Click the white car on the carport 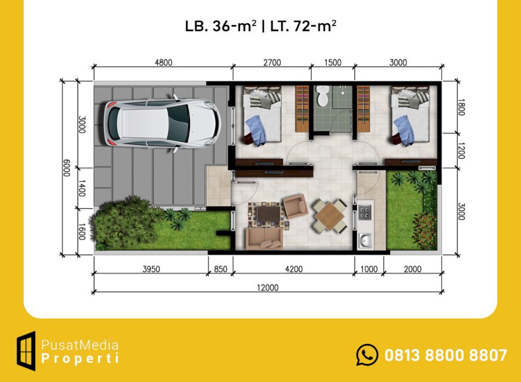click(162, 123)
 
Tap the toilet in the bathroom click(322, 95)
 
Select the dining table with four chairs click(330, 216)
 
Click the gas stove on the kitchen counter click(364, 212)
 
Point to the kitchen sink click(365, 240)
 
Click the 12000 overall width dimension click(268, 288)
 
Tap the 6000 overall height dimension click(67, 168)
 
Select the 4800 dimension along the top click(163, 62)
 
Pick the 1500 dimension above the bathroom click(333, 62)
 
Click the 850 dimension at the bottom click(221, 269)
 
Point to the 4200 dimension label click(294, 269)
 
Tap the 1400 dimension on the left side click(82, 188)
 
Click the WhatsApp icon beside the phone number click(367, 355)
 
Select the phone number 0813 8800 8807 click(446, 355)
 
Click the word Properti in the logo click(80, 359)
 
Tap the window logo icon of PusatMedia click(26, 351)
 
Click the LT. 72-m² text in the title click(303, 26)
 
